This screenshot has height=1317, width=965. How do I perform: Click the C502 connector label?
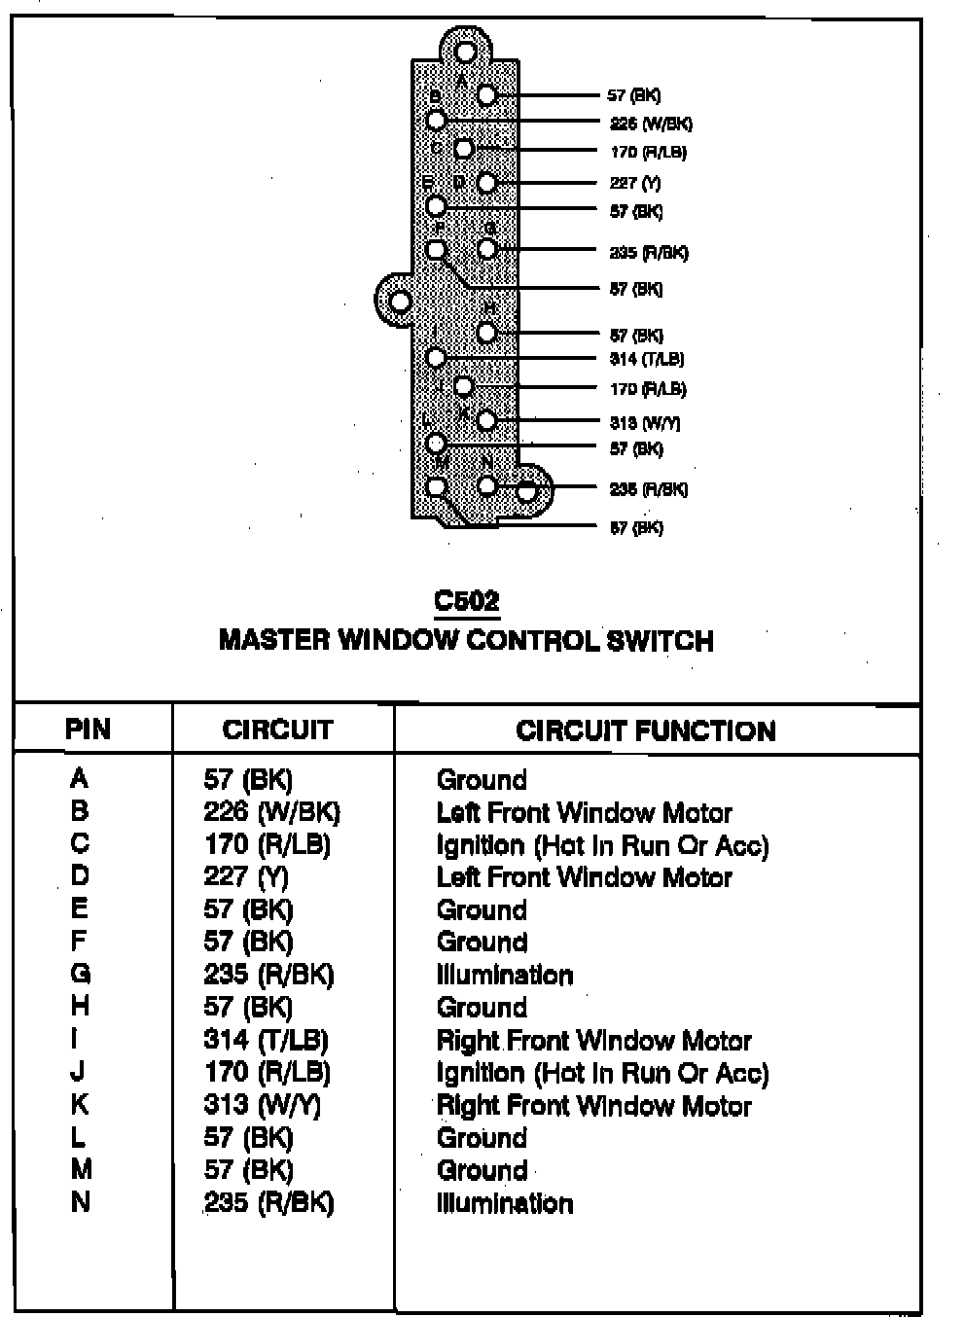(467, 601)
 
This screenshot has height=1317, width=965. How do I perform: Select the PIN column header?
(89, 729)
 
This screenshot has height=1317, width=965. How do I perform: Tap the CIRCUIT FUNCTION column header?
(646, 730)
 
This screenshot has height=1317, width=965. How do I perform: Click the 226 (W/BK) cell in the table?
(271, 811)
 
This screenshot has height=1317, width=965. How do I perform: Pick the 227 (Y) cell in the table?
(246, 876)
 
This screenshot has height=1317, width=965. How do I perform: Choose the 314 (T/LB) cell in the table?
(266, 1040)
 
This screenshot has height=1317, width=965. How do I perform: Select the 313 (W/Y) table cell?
(262, 1105)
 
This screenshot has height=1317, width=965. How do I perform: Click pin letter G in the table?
(81, 973)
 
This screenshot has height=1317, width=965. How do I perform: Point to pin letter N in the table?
(81, 1202)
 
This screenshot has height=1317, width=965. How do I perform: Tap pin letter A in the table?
(80, 778)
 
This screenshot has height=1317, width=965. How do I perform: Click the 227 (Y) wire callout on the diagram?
(635, 182)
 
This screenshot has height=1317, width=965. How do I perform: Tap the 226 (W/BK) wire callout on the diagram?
(651, 124)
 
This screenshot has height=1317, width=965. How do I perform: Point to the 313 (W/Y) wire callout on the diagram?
(644, 422)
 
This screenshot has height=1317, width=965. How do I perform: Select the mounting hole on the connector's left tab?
(400, 302)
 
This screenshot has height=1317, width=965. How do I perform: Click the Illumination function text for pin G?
(504, 975)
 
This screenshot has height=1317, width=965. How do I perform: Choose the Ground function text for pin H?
(482, 1007)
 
